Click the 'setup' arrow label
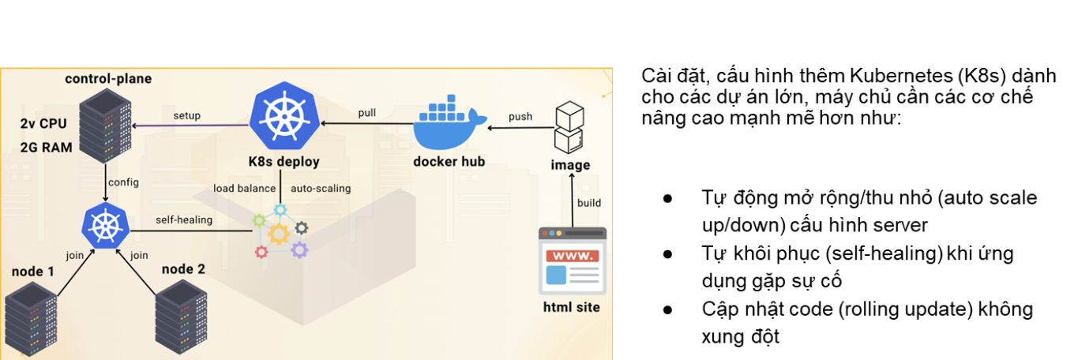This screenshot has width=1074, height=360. [187, 116]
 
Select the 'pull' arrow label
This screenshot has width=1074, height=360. [367, 111]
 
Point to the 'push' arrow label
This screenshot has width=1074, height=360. [520, 117]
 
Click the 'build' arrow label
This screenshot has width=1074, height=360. [589, 203]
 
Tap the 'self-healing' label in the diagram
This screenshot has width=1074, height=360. [182, 220]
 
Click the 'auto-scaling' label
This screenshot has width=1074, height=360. [321, 189]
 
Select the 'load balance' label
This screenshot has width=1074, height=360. [245, 189]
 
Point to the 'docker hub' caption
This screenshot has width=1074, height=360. [449, 162]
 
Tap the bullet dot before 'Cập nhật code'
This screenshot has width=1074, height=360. [668, 309]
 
